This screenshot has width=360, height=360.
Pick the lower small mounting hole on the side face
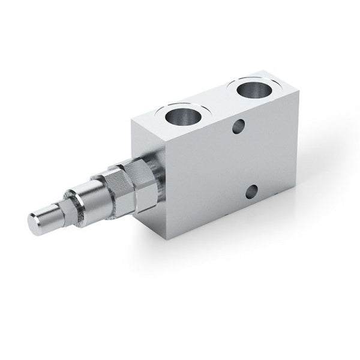(x=251, y=192)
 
